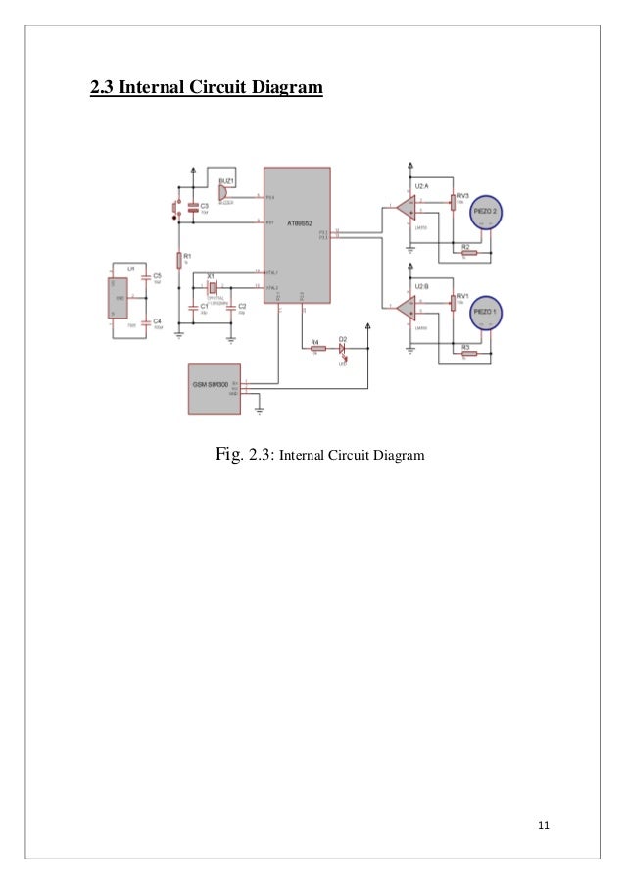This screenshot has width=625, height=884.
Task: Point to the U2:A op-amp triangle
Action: (403, 208)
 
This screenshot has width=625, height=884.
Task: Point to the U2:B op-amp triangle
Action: (403, 307)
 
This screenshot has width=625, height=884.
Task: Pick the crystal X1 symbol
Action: (211, 287)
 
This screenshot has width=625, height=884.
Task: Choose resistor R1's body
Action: (180, 259)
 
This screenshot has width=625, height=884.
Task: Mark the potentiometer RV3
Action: (453, 202)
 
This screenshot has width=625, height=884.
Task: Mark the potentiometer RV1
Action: (453, 301)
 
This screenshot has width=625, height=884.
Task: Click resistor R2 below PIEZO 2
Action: (468, 253)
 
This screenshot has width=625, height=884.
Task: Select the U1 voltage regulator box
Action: (120, 298)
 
